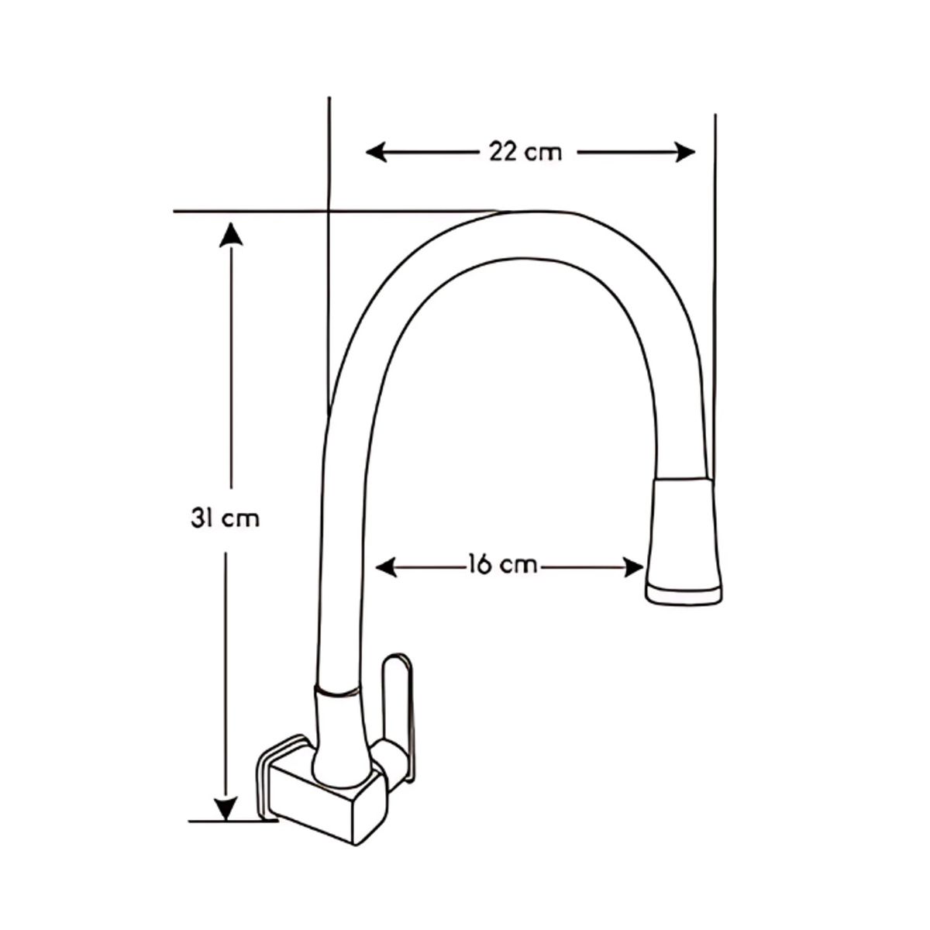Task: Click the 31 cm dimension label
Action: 225,518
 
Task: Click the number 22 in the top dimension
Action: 504,152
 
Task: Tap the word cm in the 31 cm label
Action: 240,518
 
